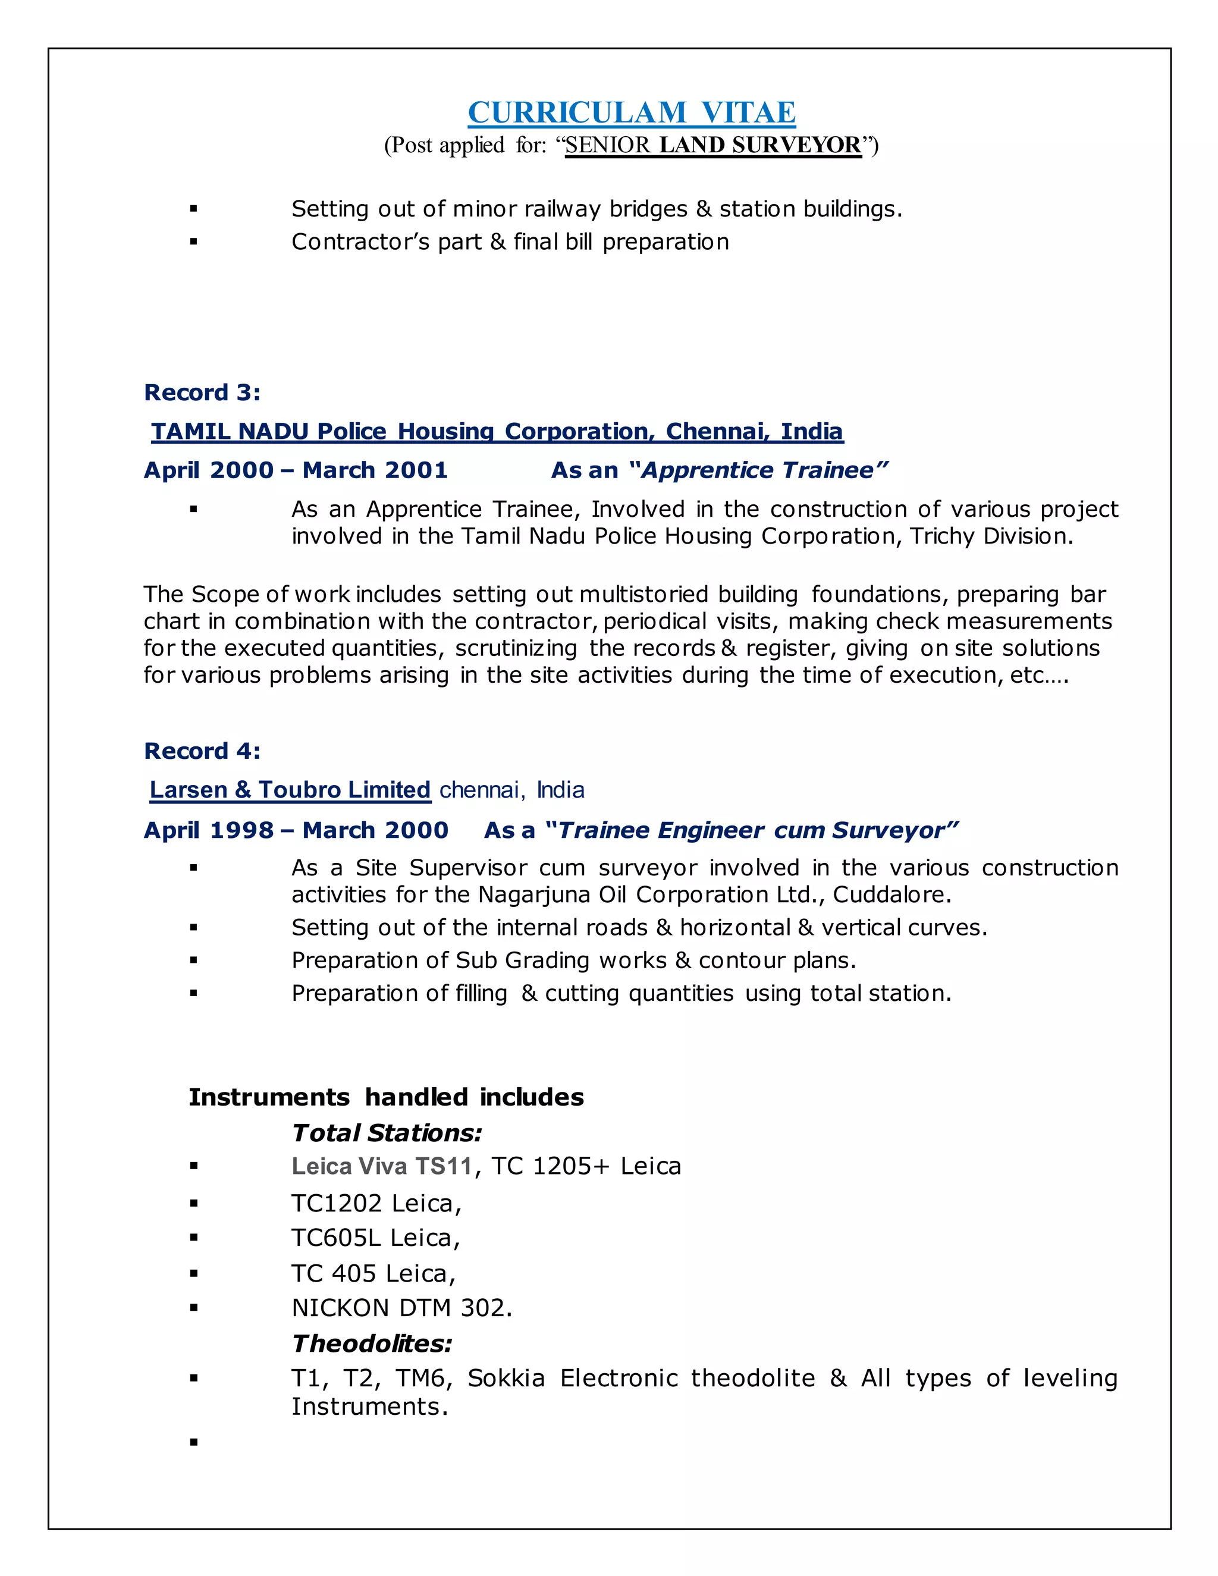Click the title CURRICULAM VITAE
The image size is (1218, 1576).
(632, 112)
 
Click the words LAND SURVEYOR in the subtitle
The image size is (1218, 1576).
(760, 145)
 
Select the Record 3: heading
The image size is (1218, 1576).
(202, 393)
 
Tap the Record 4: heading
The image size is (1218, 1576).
(202, 751)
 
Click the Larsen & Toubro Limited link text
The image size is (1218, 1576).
(290, 790)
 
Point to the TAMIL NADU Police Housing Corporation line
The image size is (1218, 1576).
(497, 432)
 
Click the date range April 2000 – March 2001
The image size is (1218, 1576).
(296, 470)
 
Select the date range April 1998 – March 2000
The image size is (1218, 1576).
(296, 831)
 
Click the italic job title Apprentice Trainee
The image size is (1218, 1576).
(758, 470)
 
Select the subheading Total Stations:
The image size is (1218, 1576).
(387, 1134)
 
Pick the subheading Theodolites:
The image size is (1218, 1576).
(372, 1343)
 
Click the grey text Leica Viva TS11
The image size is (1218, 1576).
(382, 1167)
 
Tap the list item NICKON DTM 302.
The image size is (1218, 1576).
(402, 1308)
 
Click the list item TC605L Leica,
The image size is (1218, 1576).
(376, 1238)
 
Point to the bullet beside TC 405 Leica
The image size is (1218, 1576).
(193, 1274)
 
